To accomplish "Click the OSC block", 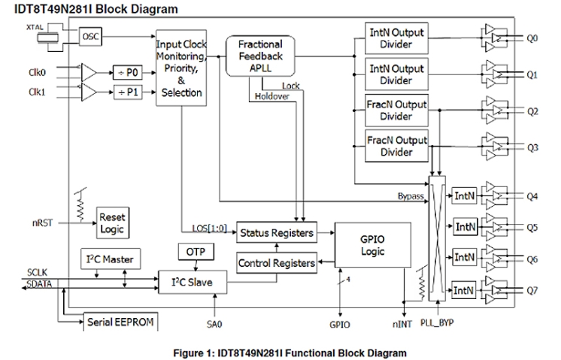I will click(x=90, y=35).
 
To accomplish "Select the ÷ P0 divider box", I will click(x=128, y=72).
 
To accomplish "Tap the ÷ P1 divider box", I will click(x=128, y=92).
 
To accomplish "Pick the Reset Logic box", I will click(x=111, y=222).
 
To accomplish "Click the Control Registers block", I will click(x=276, y=262).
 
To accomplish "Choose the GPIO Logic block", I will click(x=372, y=244).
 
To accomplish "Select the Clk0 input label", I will click(x=37, y=73).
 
